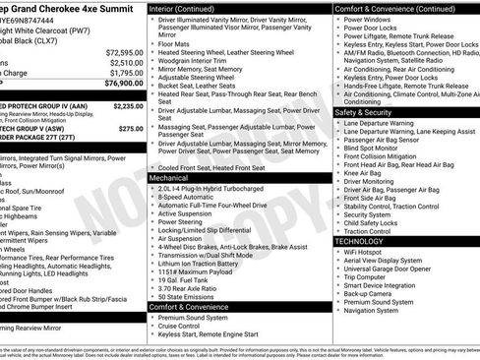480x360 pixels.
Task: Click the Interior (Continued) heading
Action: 187,7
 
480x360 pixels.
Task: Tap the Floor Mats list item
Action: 174,42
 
